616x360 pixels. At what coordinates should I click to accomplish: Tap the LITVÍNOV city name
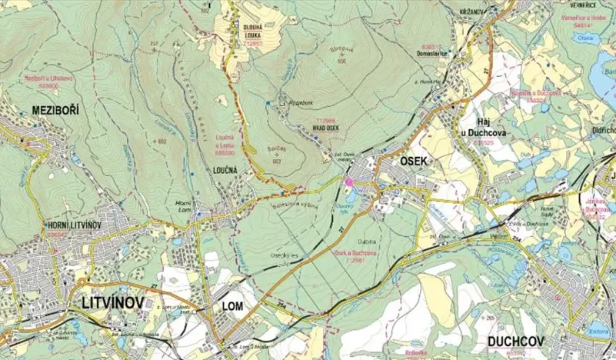[112, 303]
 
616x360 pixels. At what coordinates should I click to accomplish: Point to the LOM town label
[231, 306]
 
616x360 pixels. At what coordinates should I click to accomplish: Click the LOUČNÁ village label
[221, 152]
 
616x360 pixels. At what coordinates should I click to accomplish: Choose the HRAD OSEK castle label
[326, 128]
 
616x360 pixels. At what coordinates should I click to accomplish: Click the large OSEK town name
[418, 160]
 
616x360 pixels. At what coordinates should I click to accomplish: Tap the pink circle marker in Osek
[348, 182]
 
